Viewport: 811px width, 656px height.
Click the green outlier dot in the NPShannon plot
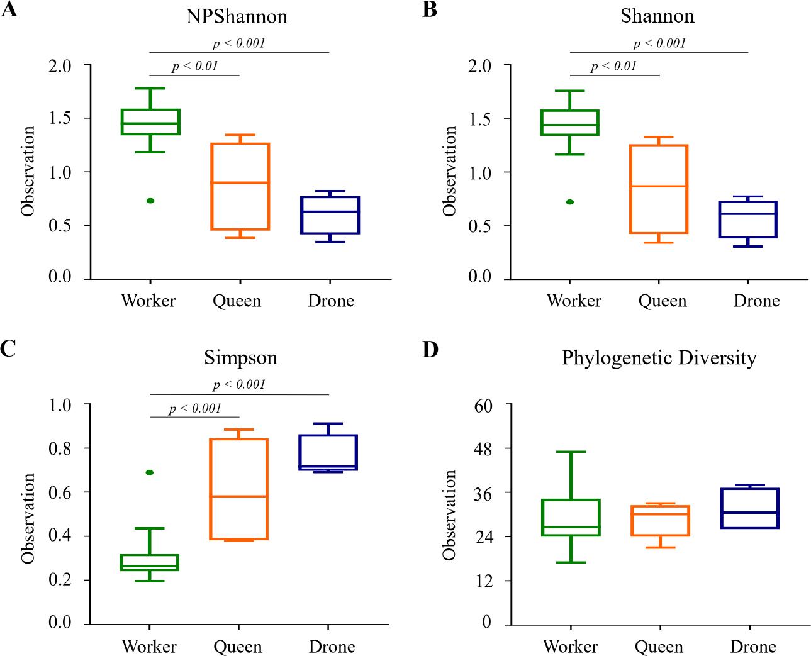click(150, 201)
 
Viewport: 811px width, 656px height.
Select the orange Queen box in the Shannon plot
click(659, 189)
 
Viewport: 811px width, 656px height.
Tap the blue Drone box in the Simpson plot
click(328, 452)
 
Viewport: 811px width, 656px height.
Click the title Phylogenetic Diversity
click(659, 358)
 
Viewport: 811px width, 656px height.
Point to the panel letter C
click(8, 348)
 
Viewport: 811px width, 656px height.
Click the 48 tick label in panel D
click(484, 448)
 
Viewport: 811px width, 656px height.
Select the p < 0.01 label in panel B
click(613, 66)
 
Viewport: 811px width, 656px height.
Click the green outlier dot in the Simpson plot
click(150, 472)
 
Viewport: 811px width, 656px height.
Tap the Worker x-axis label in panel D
click(570, 646)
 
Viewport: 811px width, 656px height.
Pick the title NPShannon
click(237, 16)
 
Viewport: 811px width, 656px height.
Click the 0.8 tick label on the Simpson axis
click(60, 448)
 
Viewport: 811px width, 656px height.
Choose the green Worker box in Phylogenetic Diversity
click(570, 518)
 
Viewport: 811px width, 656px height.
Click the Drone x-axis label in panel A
click(331, 301)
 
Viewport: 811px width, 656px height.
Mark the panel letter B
click(430, 10)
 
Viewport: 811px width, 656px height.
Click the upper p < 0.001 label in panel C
click(239, 384)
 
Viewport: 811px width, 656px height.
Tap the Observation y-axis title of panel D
click(449, 514)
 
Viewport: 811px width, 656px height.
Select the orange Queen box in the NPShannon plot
click(240, 187)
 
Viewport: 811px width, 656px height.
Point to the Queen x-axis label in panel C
click(237, 646)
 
